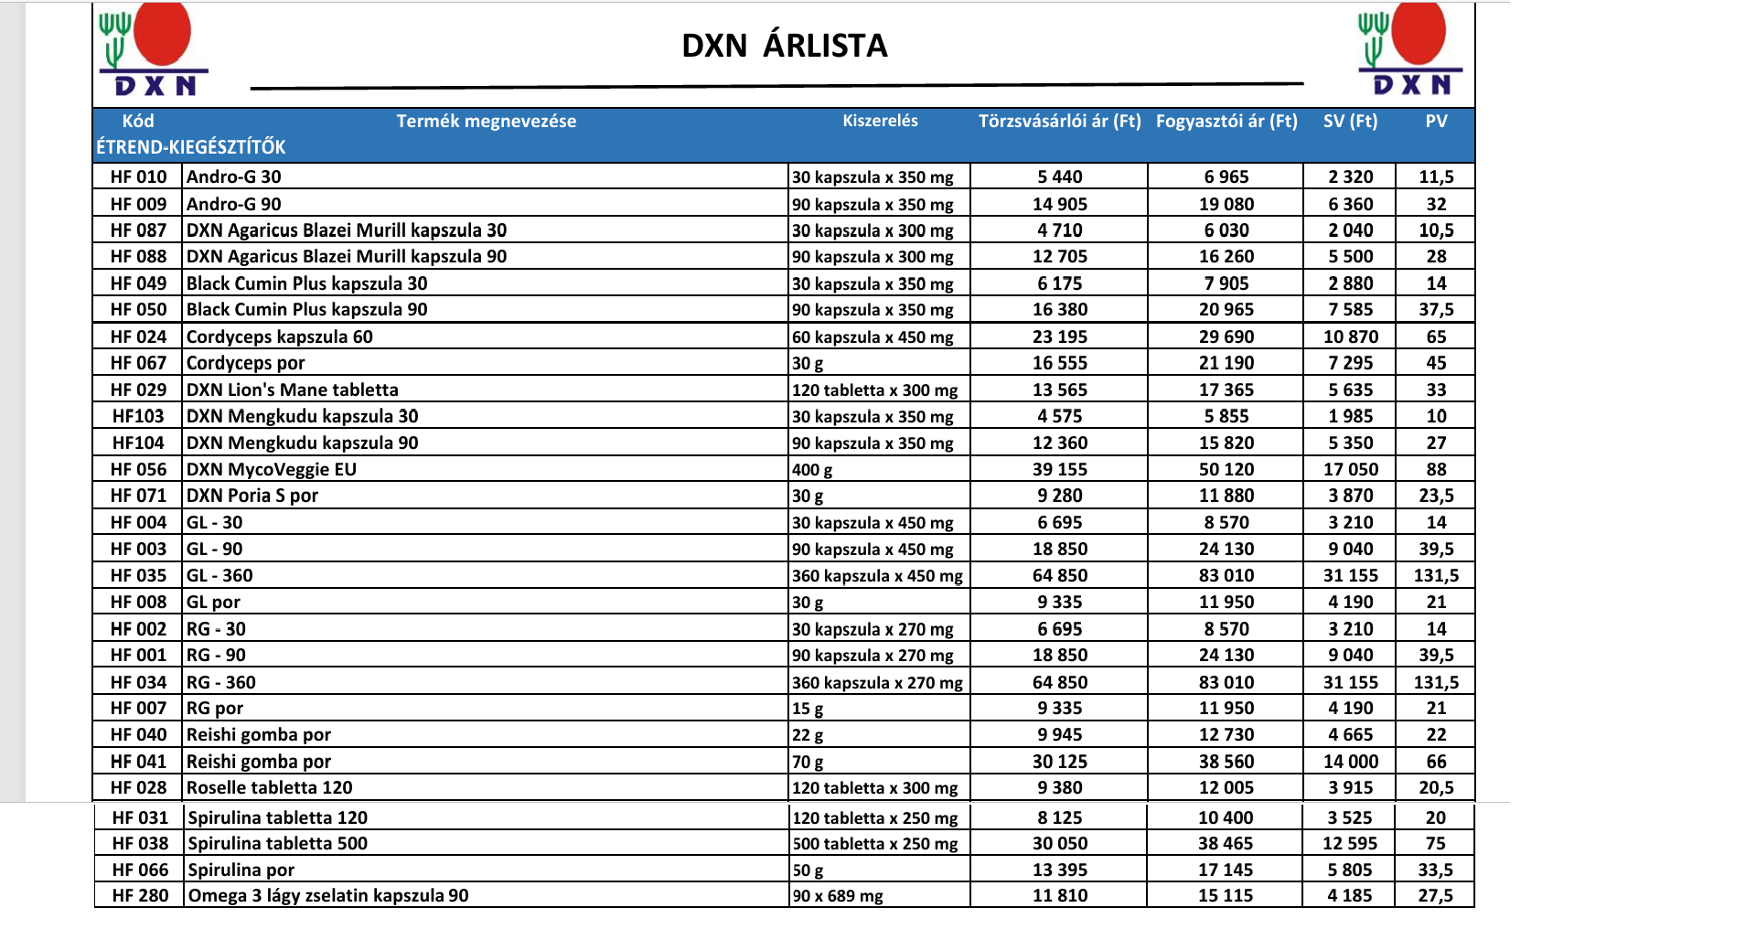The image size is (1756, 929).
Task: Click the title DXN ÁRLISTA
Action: click(x=785, y=46)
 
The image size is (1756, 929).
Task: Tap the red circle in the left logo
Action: click(x=163, y=32)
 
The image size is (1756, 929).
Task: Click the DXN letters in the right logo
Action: click(x=1412, y=85)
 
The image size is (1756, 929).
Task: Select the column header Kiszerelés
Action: click(x=880, y=121)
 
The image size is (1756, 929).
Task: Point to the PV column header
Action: click(x=1436, y=121)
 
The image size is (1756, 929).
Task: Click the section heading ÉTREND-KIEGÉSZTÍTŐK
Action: click(x=191, y=147)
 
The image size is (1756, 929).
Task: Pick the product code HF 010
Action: click(x=139, y=177)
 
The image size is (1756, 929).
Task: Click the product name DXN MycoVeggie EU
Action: click(x=272, y=470)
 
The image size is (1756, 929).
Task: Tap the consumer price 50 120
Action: click(x=1226, y=470)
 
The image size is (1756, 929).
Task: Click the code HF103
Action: click(x=138, y=417)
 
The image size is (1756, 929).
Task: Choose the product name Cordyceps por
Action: click(x=246, y=363)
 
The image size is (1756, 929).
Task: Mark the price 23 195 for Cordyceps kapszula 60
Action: click(x=1060, y=336)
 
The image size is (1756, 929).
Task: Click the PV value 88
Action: click(x=1436, y=470)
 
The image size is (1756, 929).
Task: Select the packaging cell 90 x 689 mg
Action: click(x=838, y=896)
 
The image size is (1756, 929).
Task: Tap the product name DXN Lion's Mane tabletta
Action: click(x=293, y=390)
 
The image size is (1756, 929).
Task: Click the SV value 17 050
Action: click(x=1350, y=470)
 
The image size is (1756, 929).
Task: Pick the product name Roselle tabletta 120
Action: click(x=270, y=788)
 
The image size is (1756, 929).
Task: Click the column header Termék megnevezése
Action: click(x=486, y=121)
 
